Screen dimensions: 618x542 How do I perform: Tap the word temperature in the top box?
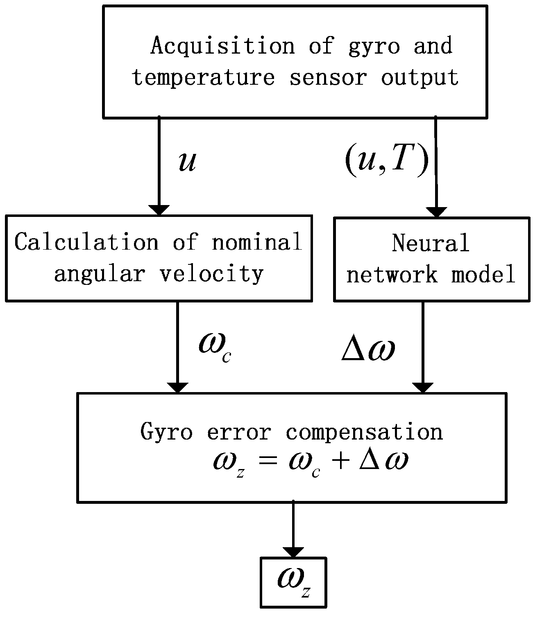(203, 77)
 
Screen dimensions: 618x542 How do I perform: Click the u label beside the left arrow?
(188, 162)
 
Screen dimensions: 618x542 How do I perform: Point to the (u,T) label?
(387, 161)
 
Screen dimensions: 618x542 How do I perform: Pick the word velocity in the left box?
(211, 273)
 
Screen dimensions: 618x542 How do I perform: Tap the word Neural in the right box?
(431, 243)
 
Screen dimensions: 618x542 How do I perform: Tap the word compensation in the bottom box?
(364, 432)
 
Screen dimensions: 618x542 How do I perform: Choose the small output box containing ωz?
(293, 582)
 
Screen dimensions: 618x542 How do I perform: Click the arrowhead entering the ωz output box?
(293, 552)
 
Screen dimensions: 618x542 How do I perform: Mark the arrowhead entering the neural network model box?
(437, 212)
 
